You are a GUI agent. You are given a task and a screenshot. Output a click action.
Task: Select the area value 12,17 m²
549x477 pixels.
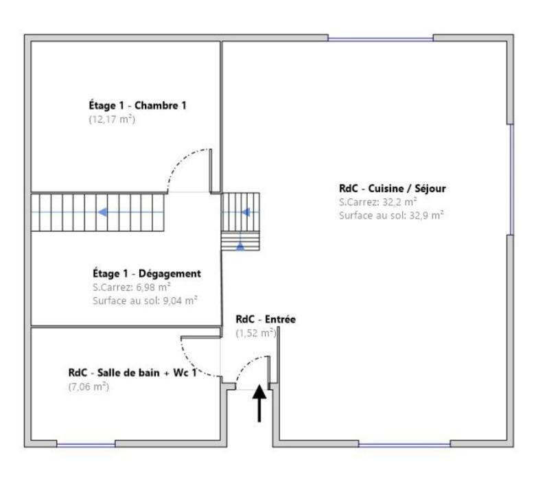pyautogui.click(x=111, y=119)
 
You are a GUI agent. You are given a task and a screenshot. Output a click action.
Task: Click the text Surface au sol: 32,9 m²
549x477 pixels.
pyautogui.click(x=391, y=215)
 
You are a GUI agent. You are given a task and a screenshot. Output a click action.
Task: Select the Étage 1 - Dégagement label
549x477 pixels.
pyautogui.click(x=147, y=273)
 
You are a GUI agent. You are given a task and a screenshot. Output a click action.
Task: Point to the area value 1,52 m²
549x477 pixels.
pyautogui.click(x=255, y=333)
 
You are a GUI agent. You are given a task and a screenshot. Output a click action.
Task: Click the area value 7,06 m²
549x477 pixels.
pyautogui.click(x=88, y=386)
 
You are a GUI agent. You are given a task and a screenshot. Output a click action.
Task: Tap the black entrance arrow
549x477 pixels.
pyautogui.click(x=260, y=404)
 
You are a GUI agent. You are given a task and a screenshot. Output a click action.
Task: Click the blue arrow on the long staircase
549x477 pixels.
pyautogui.click(x=102, y=212)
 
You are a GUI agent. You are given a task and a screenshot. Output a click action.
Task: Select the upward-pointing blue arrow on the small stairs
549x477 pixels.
pyautogui.click(x=240, y=244)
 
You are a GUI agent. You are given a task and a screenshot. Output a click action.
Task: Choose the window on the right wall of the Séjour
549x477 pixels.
pyautogui.click(x=511, y=180)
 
